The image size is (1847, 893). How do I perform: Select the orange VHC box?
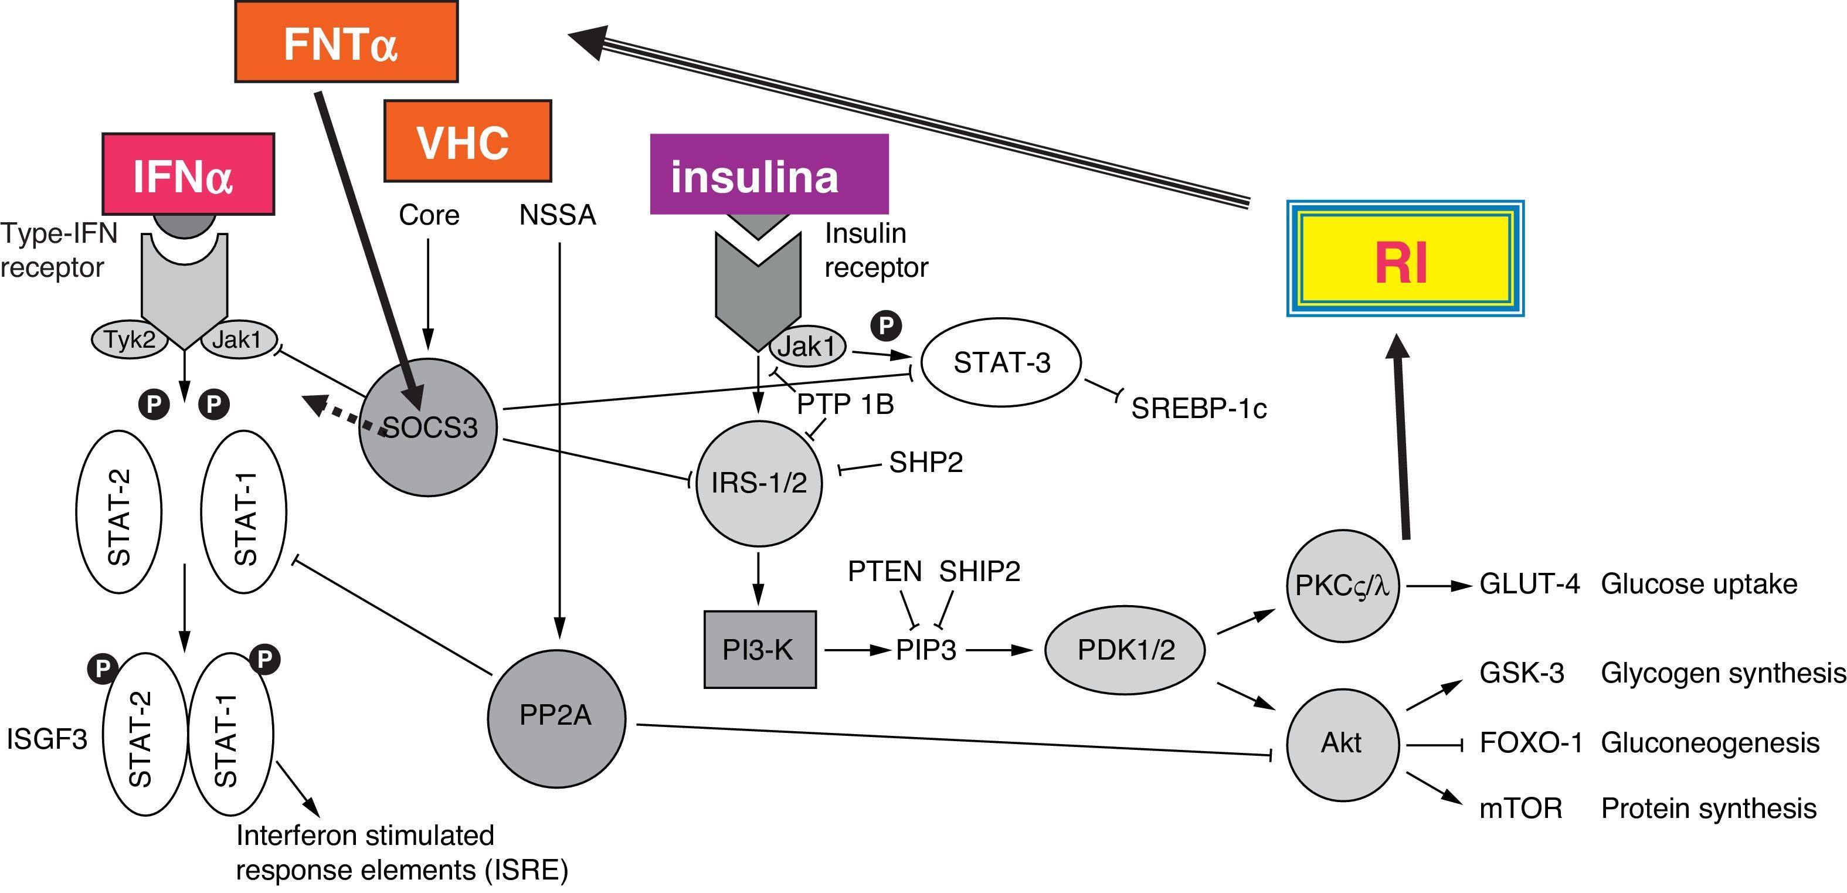(467, 141)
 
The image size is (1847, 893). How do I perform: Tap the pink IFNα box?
(188, 174)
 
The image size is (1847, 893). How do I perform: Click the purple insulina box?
(769, 174)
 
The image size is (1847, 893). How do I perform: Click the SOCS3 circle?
(428, 427)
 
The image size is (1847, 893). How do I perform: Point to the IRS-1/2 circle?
(759, 483)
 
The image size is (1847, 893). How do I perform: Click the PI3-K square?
(759, 650)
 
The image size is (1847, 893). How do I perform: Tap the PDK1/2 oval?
(1125, 650)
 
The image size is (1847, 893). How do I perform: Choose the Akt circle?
(1342, 743)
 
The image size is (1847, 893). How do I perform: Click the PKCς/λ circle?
(1342, 586)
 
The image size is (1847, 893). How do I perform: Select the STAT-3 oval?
(1001, 363)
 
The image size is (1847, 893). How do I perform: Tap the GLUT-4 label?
(1529, 585)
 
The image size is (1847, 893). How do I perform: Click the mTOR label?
(1520, 809)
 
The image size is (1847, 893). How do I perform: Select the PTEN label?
(885, 572)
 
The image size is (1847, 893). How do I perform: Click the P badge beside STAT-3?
(886, 325)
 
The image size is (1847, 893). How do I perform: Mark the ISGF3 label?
(46, 739)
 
